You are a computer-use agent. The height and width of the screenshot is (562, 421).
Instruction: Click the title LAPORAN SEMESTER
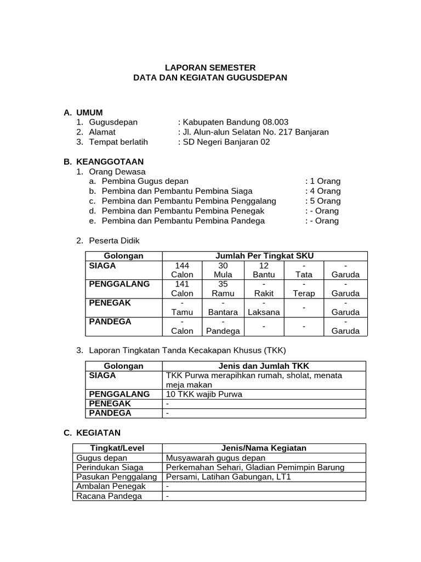point(210,68)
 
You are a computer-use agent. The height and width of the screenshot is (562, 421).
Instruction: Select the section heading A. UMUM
point(83,112)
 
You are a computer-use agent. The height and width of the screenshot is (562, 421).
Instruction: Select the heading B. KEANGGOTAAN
point(104,161)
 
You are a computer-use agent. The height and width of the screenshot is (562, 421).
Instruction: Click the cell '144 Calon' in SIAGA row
point(182,270)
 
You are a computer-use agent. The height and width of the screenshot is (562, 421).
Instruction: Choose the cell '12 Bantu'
point(263,270)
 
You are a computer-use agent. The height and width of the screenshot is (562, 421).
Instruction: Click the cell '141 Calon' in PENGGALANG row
point(182,289)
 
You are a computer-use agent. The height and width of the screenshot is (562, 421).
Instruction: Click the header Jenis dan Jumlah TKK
point(265,366)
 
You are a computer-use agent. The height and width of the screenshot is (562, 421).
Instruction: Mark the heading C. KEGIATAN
point(92,432)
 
